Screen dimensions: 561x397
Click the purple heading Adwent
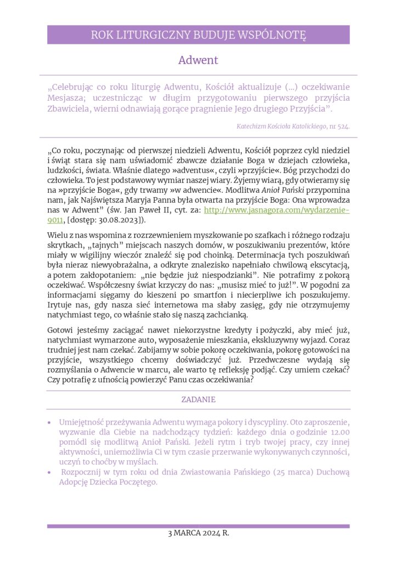point(198,60)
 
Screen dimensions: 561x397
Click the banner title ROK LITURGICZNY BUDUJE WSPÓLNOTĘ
point(198,36)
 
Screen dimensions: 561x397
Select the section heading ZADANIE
point(198,399)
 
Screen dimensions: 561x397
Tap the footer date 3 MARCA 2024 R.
point(198,533)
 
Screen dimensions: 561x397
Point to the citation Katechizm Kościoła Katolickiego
point(282,126)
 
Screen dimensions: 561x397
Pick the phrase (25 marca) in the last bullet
point(280,472)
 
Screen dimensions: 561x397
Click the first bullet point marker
point(50,423)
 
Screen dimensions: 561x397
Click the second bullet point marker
point(50,473)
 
